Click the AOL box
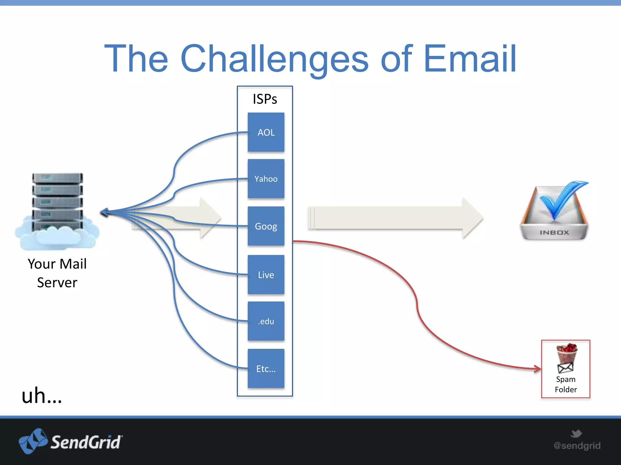(266, 132)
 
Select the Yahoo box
(266, 179)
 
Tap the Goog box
(266, 226)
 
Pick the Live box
(266, 275)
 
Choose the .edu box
(266, 321)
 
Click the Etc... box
(266, 368)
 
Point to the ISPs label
(265, 99)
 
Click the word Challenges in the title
(274, 59)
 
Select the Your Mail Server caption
(57, 273)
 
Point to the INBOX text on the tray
(554, 232)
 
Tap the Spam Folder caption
(566, 384)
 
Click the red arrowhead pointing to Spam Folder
(538, 368)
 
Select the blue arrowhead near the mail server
(104, 212)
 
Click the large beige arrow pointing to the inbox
(394, 218)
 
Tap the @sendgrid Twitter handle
(577, 446)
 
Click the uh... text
(42, 396)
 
